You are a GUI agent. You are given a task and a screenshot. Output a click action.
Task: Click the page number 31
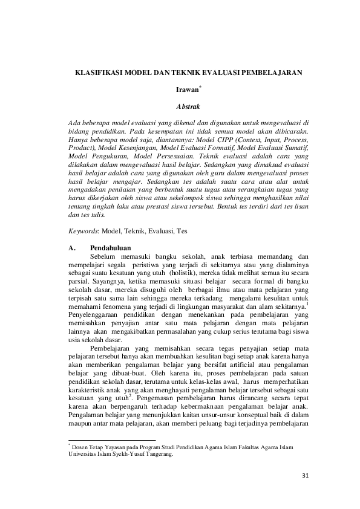305,491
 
